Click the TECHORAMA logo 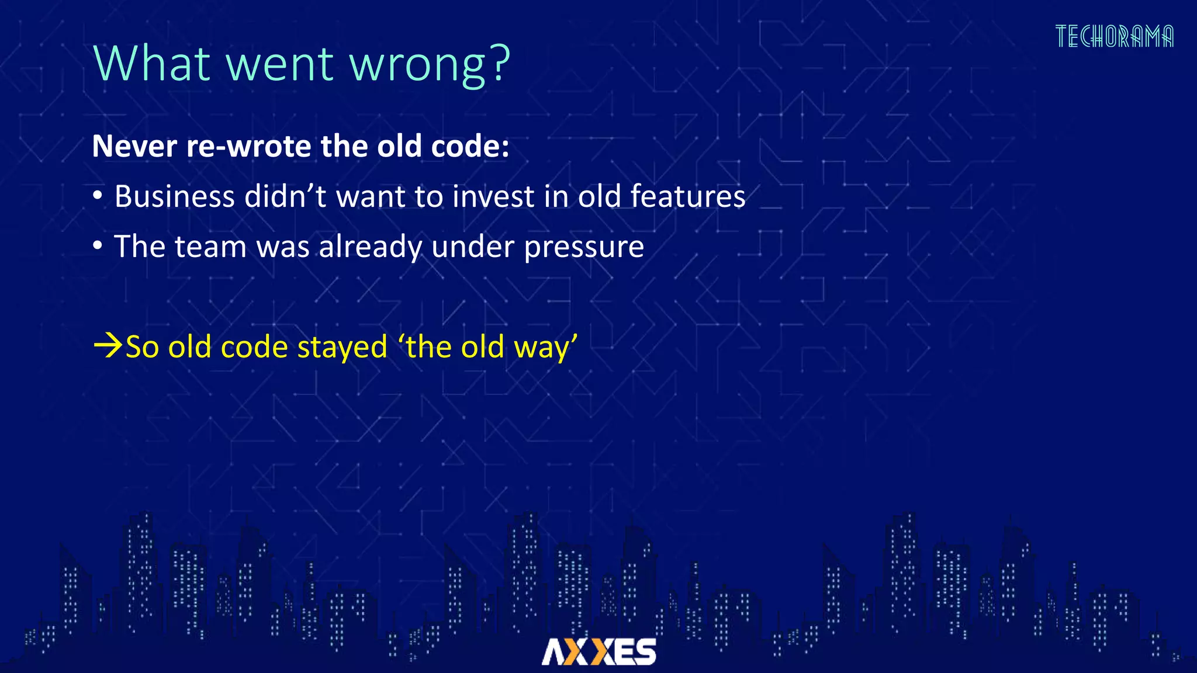pos(1114,36)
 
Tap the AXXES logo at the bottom pos(598,651)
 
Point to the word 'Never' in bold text pos(134,146)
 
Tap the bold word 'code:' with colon pos(469,146)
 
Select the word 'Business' pos(174,196)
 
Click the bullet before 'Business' pos(98,196)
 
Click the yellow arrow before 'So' pos(108,346)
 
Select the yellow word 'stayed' pos(342,348)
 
